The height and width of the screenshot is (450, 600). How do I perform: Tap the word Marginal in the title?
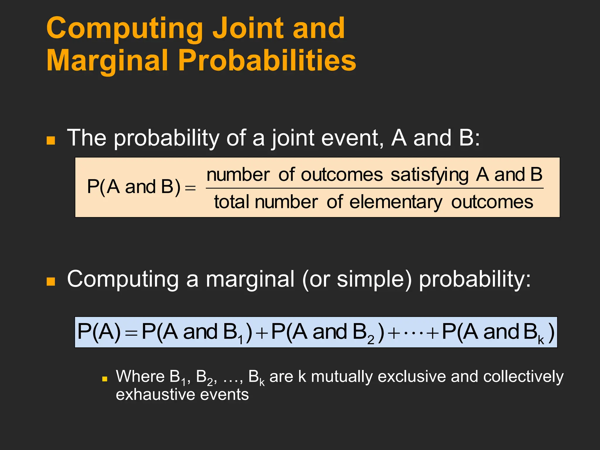pos(107,60)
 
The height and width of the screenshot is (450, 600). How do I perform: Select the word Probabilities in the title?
pos(267,60)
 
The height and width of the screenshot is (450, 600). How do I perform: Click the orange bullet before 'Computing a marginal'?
pos(51,281)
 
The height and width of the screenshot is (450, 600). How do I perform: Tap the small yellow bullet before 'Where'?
pos(105,379)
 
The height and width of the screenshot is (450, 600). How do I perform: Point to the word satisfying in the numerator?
pos(429,175)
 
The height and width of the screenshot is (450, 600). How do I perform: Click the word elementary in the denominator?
pos(396,202)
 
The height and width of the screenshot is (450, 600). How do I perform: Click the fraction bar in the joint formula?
pos(375,188)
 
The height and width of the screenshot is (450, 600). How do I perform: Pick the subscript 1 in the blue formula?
pos(241,340)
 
